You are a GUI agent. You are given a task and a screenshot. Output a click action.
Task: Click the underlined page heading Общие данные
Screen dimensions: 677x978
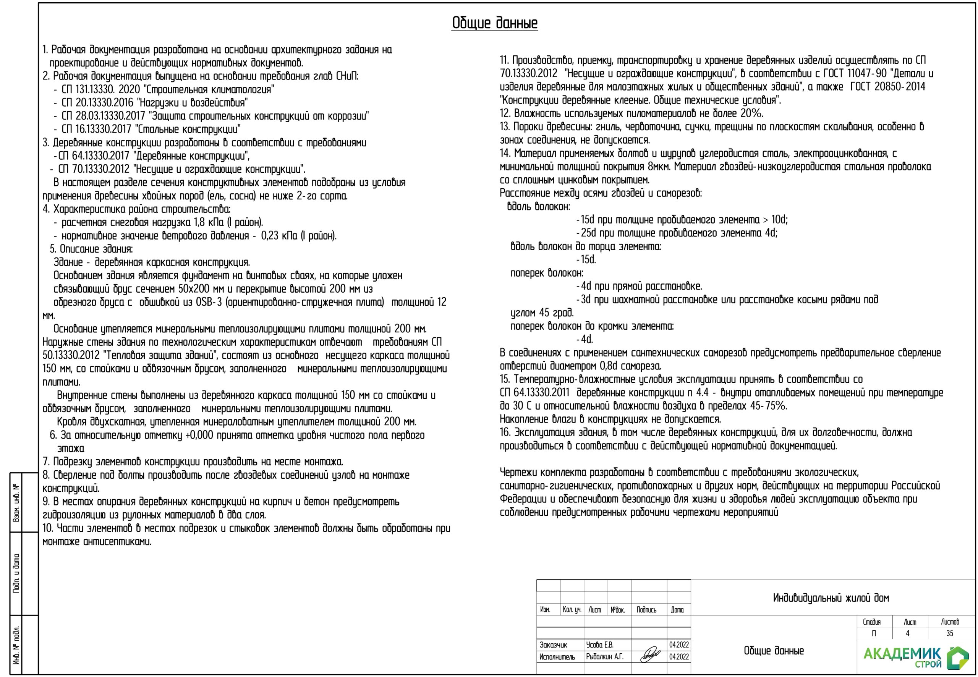point(494,23)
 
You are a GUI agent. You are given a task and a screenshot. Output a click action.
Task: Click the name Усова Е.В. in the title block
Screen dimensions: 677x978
point(600,645)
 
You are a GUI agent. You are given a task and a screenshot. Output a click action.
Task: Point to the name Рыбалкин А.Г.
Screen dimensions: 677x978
point(605,657)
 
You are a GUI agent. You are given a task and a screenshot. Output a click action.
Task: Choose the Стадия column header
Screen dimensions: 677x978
point(871,622)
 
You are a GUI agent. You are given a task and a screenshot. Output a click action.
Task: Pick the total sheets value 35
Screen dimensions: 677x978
point(950,633)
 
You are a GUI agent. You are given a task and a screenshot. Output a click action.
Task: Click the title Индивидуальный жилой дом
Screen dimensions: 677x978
point(831,598)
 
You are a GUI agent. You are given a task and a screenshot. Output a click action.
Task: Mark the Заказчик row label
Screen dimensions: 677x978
point(553,645)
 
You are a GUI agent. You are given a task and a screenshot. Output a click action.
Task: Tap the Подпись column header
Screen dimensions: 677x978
point(646,609)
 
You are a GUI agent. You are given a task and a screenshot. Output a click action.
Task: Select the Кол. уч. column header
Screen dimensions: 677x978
point(572,609)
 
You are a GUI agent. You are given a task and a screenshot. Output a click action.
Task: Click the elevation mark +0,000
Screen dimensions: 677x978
point(199,435)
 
